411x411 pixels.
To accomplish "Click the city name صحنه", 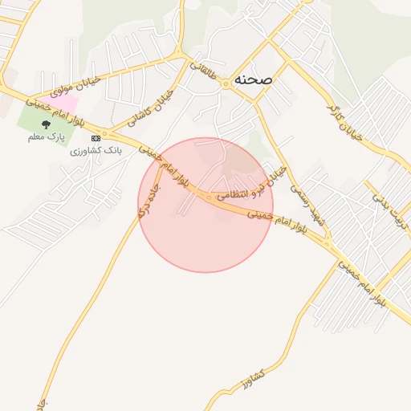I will pyautogui.click(x=254, y=79).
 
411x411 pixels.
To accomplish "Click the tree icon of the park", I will pyautogui.click(x=45, y=124).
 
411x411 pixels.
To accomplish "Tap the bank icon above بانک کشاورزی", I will pyautogui.click(x=96, y=138).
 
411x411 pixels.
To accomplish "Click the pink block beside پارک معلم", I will pyautogui.click(x=67, y=104).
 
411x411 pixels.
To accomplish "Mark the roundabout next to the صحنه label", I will pyautogui.click(x=227, y=82).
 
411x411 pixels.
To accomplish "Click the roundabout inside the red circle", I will pyautogui.click(x=209, y=197).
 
